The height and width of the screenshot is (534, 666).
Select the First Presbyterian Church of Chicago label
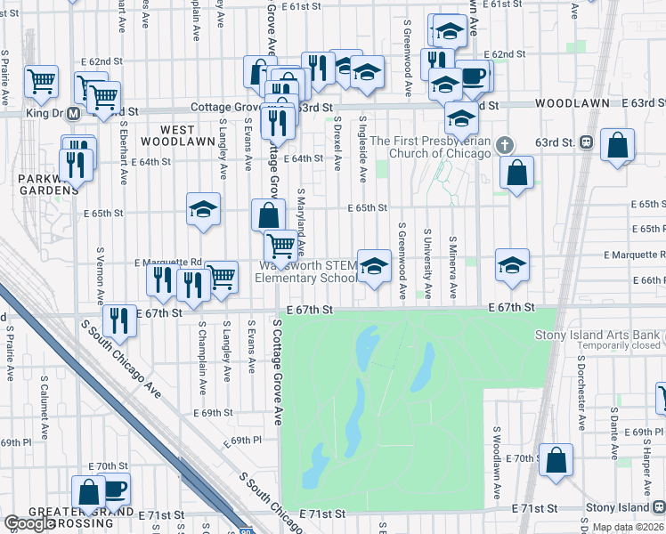coord(430,147)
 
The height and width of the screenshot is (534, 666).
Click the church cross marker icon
coord(505,145)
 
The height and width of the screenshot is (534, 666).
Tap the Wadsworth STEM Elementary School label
coord(305,271)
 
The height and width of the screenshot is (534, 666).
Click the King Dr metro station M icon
coord(75,113)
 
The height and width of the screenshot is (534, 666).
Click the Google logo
coord(28,524)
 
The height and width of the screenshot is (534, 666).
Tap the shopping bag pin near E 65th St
coord(268,215)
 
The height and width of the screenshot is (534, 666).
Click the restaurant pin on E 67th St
coord(118,320)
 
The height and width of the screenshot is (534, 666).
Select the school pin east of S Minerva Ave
coord(512,265)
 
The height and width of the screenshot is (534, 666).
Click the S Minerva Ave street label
coord(452,267)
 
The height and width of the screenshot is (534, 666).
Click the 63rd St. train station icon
coord(586,142)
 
